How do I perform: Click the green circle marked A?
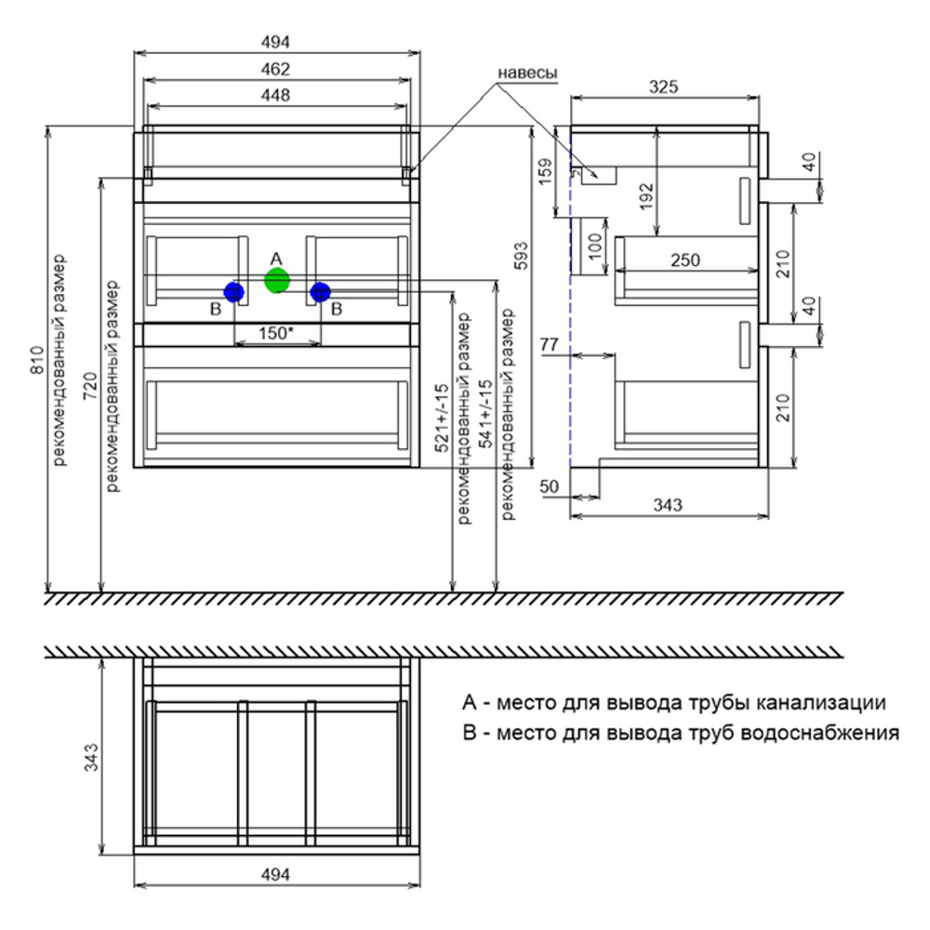pos(276,280)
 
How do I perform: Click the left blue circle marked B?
pos(233,292)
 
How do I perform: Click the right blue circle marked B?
pos(320,292)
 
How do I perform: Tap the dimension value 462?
pos(276,70)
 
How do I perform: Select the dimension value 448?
pos(276,95)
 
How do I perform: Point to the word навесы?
pos(526,73)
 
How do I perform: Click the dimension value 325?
pos(663,87)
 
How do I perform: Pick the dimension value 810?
pos(37,360)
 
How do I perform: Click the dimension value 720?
pos(90,386)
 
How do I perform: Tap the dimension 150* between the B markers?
pos(276,333)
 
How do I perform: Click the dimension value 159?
pos(544,171)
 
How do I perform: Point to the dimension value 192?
pos(646,195)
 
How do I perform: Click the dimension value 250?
pos(685,259)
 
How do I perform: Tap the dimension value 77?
pos(550,344)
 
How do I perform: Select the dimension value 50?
pos(550,486)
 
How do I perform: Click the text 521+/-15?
pos(442,418)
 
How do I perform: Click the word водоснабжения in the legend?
pos(820,734)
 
